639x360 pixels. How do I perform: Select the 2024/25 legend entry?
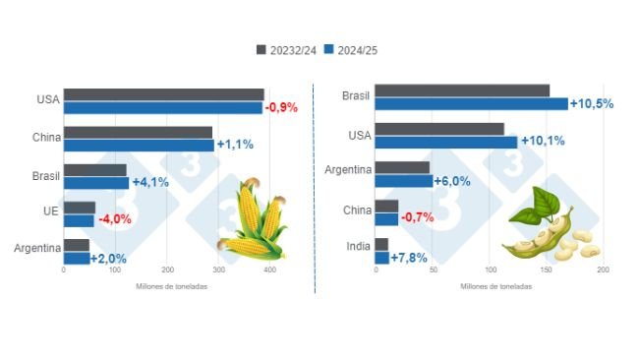354,49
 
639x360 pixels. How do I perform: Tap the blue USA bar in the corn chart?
163,107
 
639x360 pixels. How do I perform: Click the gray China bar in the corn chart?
138,132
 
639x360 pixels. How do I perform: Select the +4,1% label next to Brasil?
149,182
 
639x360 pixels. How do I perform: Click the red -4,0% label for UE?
116,220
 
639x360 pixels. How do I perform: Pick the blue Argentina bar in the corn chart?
76,258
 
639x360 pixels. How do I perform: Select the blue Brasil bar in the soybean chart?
471,103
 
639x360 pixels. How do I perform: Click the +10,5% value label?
592,103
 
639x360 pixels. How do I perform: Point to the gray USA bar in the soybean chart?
439,129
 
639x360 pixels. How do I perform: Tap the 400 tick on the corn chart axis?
271,270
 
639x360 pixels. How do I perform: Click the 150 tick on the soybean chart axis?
547,270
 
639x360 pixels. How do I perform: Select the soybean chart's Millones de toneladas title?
496,286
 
